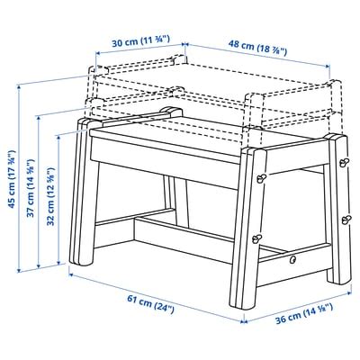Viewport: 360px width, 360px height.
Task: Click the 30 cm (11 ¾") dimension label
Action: coord(141,41)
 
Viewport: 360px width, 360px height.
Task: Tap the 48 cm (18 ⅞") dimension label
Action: coord(258,48)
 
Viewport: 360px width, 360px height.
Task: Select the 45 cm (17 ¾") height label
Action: coord(12,178)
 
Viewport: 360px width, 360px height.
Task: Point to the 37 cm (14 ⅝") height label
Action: coord(31,188)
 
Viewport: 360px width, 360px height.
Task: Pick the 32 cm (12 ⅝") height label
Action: coord(50,196)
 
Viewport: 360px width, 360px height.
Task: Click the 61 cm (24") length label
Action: coord(150,304)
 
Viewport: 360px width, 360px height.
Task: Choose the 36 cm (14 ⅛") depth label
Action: coord(304,314)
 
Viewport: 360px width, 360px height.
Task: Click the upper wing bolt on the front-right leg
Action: coord(260,178)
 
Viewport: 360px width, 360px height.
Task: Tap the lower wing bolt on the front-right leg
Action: coord(257,238)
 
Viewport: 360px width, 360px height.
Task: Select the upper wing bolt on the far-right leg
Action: coord(345,163)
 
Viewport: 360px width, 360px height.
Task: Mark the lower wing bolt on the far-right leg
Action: coord(346,220)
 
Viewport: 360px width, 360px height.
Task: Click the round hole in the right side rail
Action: coord(292,259)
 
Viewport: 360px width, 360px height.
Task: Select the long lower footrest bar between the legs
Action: coord(183,240)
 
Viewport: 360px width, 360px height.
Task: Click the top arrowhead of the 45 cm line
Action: coord(19,86)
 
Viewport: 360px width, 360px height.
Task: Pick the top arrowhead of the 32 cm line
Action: coord(58,137)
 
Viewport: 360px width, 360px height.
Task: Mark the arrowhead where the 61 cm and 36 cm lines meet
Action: coord(244,322)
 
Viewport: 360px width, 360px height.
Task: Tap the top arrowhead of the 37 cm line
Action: coord(39,118)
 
